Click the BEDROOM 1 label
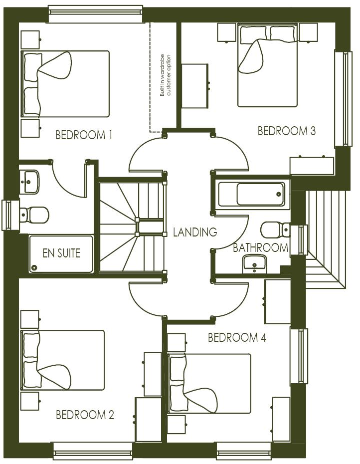click(83, 135)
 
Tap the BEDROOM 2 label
click(85, 415)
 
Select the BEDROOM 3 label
click(286, 131)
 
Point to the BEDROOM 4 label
click(237, 338)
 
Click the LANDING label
click(195, 232)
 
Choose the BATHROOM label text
click(260, 247)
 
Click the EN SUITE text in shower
click(61, 253)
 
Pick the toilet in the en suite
click(34, 215)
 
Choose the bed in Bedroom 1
click(65, 83)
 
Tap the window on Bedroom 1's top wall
click(95, 13)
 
